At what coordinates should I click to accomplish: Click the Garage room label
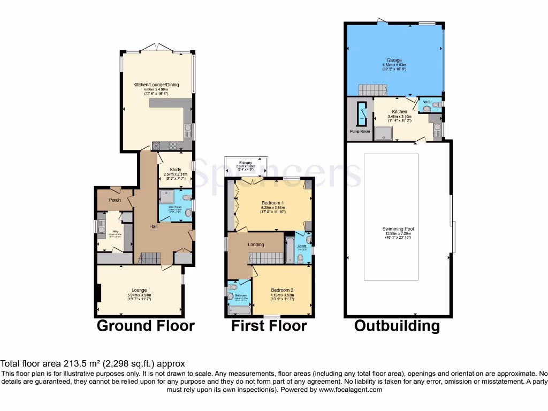point(394,60)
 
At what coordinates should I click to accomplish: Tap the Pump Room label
point(360,131)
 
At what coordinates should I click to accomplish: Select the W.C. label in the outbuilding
point(427,101)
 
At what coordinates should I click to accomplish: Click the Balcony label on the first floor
point(246,162)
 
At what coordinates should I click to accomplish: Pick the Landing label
point(255,245)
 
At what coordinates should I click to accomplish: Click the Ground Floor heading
point(145,325)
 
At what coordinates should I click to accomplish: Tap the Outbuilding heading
point(397,325)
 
